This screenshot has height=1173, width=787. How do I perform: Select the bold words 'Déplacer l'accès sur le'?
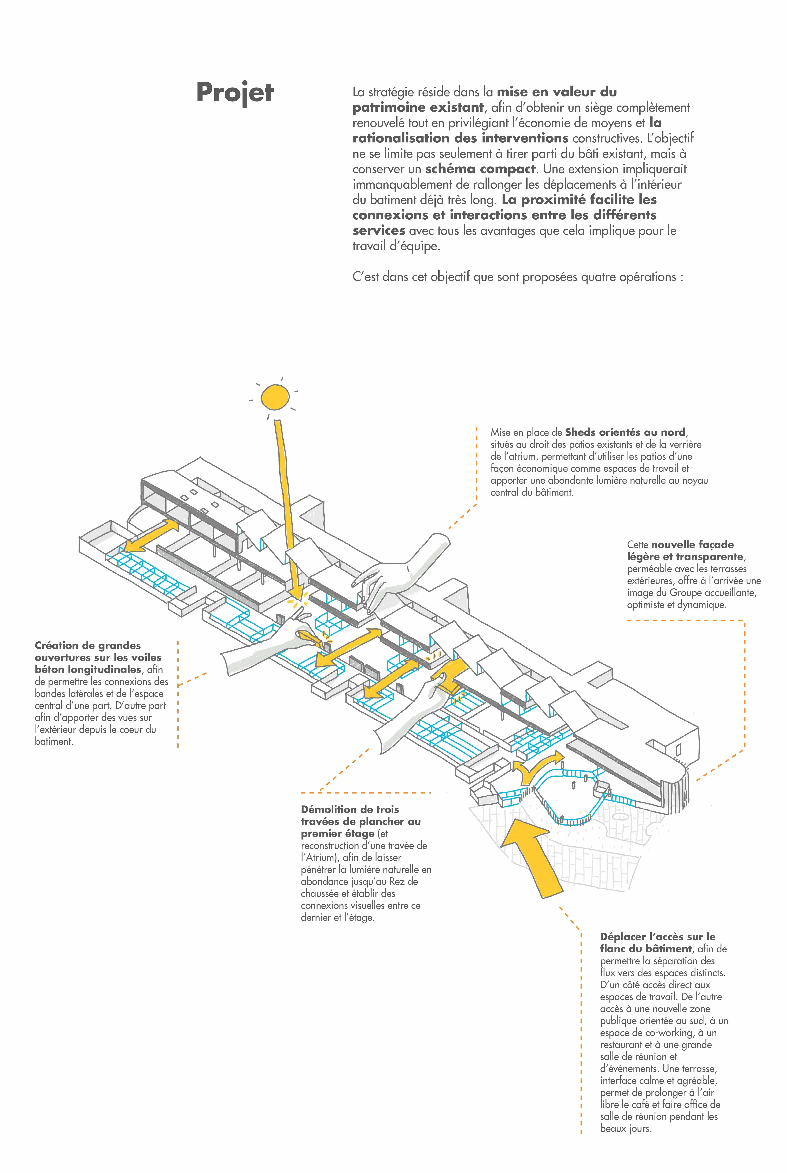[657, 936]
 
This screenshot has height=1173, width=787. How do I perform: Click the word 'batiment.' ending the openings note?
[54, 742]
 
